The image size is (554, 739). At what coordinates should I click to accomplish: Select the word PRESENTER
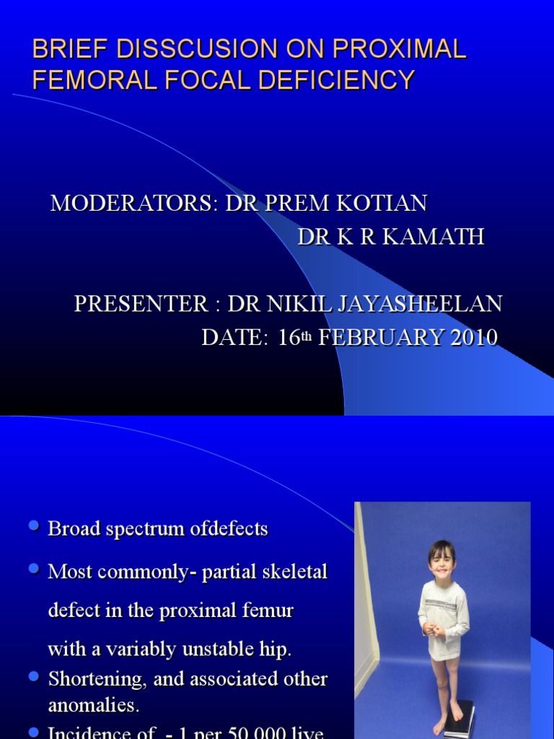click(x=141, y=304)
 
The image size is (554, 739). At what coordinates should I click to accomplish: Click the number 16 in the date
click(x=289, y=337)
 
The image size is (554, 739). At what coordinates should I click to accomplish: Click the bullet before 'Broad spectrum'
click(x=33, y=528)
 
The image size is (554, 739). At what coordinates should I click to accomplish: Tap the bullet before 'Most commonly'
click(x=33, y=570)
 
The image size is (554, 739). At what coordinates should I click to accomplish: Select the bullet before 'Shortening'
click(x=33, y=677)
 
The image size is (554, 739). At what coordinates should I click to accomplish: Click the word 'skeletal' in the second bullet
click(x=296, y=572)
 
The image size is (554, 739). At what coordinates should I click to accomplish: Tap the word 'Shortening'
click(x=94, y=679)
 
